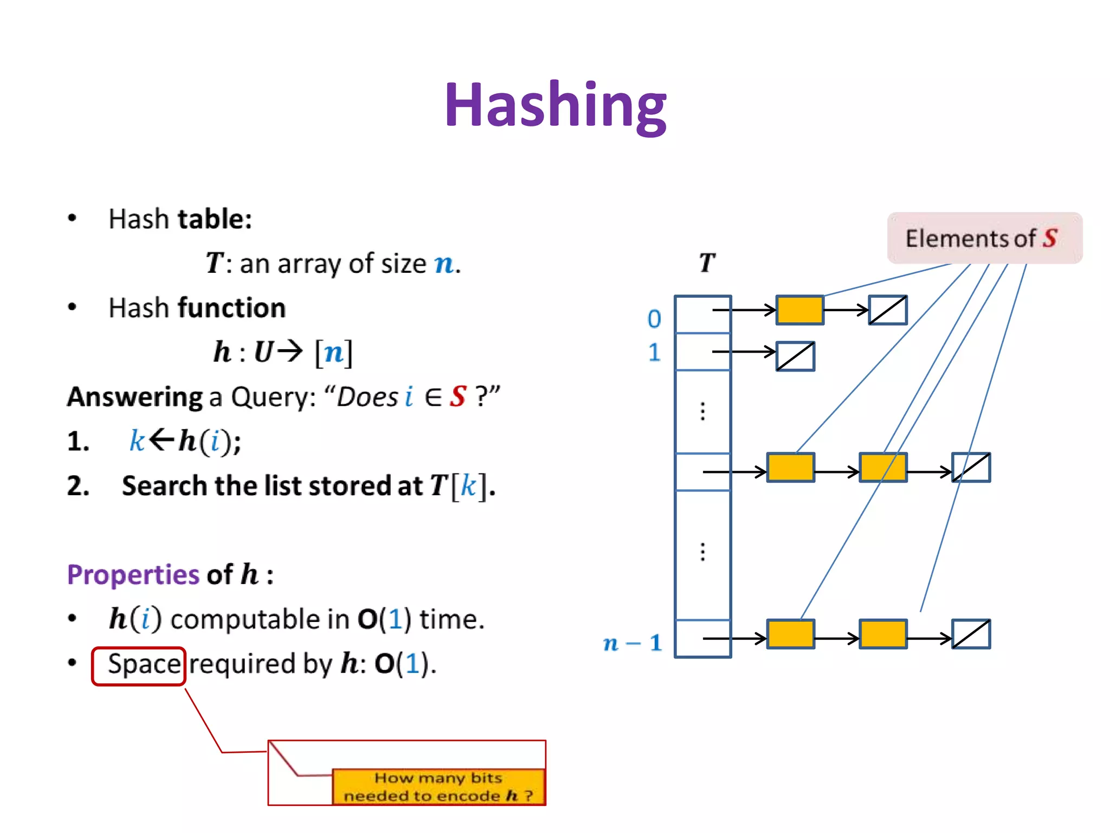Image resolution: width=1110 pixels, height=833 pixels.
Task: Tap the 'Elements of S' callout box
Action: (984, 238)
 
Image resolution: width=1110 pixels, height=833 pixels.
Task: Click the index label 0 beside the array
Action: (654, 319)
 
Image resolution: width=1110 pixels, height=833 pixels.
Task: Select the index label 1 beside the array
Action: (654, 353)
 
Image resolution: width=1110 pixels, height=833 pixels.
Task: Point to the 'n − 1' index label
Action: (633, 643)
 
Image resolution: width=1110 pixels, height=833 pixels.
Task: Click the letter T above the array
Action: (707, 263)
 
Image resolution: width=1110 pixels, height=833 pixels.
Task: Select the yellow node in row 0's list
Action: (799, 310)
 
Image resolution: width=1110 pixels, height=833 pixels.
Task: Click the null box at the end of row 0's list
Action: (887, 310)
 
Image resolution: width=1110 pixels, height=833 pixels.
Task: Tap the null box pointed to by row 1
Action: (795, 356)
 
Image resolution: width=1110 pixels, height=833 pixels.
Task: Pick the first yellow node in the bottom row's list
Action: (790, 634)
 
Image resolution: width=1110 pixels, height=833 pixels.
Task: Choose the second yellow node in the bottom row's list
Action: (883, 634)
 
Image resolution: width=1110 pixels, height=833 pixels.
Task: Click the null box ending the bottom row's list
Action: (971, 634)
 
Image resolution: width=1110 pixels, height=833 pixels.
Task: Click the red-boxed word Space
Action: (143, 664)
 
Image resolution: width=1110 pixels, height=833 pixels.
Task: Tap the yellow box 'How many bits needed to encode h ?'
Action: (438, 787)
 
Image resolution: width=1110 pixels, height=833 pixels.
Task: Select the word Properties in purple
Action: (133, 574)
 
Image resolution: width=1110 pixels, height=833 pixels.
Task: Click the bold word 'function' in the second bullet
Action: (231, 308)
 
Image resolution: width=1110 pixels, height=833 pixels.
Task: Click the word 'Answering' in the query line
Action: (134, 397)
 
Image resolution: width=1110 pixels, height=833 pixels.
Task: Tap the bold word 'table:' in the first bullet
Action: (215, 219)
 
